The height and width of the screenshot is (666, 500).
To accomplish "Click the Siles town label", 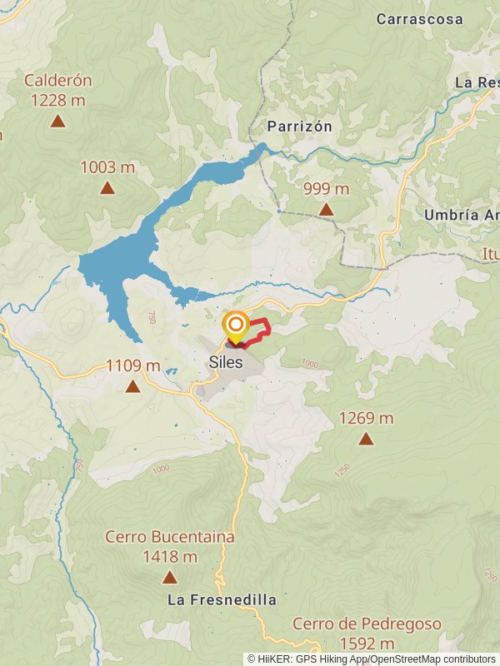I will (x=226, y=362).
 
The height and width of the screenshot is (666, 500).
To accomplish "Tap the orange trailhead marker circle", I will (x=236, y=325).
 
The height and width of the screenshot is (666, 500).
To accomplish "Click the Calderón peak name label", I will (x=57, y=81).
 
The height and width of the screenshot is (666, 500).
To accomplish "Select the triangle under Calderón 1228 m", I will (x=57, y=122).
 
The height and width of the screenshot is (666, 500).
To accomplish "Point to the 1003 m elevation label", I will (x=107, y=167).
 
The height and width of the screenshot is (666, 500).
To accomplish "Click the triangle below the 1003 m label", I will (x=107, y=188).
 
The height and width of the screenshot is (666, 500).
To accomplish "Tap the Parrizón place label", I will (x=299, y=127).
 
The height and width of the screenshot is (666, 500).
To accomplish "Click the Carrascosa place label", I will (x=419, y=18).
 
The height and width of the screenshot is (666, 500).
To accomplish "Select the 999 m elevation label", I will (x=326, y=189).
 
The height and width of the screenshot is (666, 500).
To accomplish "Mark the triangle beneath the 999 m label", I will (x=326, y=210).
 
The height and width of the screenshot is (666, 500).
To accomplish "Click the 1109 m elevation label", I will (x=133, y=365).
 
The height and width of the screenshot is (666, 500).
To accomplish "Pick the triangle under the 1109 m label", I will (x=132, y=386).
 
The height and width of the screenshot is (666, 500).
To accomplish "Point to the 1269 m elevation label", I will (x=367, y=418).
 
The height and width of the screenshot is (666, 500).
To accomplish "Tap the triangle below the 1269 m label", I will (x=366, y=439).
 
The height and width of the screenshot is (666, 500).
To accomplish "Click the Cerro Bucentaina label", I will (x=170, y=537).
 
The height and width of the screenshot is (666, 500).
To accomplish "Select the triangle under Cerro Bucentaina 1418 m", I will (x=170, y=577).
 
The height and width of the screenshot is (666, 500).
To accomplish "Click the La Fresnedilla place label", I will (x=222, y=599).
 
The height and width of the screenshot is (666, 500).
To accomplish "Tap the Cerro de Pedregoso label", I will (x=367, y=624).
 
